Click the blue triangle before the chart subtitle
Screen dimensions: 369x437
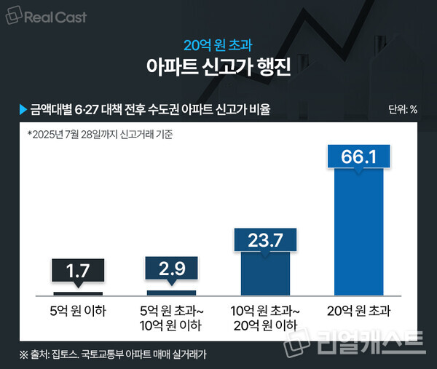click(23, 110)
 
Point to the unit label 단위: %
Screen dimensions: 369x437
click(403, 111)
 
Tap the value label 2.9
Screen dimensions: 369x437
click(171, 268)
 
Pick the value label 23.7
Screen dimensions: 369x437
click(265, 239)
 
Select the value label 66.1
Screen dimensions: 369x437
click(358, 157)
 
